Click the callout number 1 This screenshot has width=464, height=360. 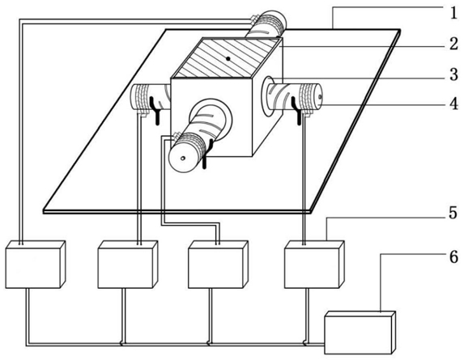[453, 13]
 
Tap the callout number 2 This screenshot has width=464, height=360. [453, 44]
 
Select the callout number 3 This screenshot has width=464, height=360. [453, 74]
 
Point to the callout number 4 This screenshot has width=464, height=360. [453, 104]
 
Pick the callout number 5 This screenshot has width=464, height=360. [453, 213]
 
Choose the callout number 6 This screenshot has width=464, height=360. [453, 256]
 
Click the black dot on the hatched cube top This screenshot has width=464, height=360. [228, 58]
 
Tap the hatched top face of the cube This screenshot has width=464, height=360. [227, 58]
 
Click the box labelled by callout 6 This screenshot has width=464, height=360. [360, 332]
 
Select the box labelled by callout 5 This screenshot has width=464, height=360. [314, 265]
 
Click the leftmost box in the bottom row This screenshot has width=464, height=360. [36, 265]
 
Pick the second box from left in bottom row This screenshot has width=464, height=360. [128, 265]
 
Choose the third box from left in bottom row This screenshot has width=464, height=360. [218, 265]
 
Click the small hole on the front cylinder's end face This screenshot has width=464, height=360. [183, 158]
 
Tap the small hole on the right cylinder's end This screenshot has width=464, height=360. [320, 96]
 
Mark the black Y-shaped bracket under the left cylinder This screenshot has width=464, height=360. [155, 111]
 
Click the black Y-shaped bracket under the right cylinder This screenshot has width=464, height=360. [297, 111]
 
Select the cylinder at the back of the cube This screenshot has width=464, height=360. [266, 25]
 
